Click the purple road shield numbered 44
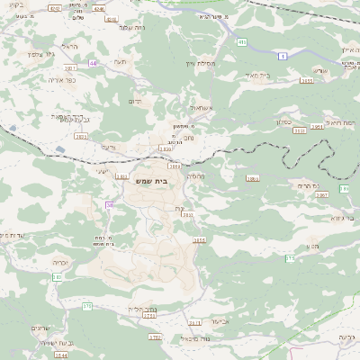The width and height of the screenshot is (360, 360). tap(93, 63)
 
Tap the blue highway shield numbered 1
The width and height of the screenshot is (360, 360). tap(283, 56)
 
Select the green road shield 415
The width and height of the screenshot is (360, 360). tap(242, 42)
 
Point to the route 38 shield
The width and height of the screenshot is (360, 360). tap(110, 205)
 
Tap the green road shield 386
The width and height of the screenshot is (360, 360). tap(344, 189)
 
